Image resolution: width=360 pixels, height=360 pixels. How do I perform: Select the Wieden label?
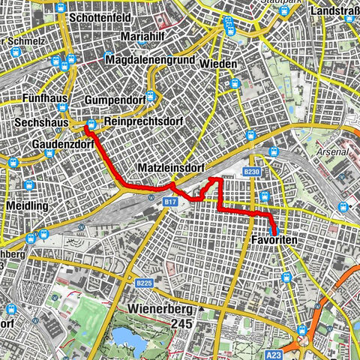pyautogui.click(x=219, y=64)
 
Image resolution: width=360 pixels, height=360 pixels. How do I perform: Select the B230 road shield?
pyautogui.click(x=250, y=172)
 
